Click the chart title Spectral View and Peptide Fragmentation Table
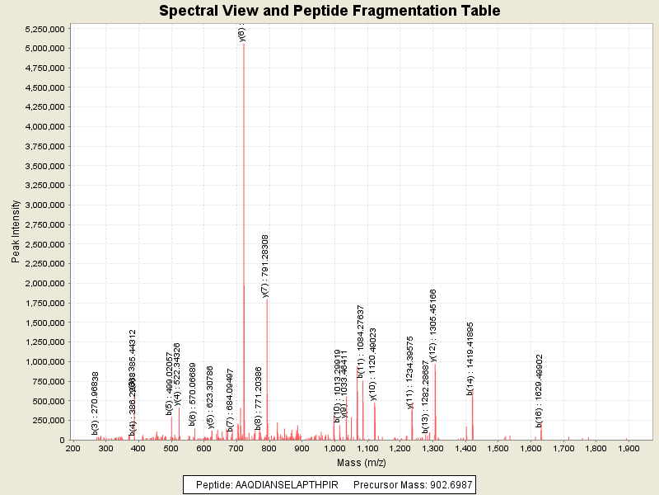(x=329, y=11)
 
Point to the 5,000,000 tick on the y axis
(x=44, y=49)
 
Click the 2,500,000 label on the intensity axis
(x=44, y=244)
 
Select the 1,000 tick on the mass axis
(x=334, y=448)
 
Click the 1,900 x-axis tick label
(x=629, y=448)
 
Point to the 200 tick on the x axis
(x=73, y=448)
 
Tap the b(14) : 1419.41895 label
(x=470, y=358)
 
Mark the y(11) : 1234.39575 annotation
(x=410, y=373)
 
